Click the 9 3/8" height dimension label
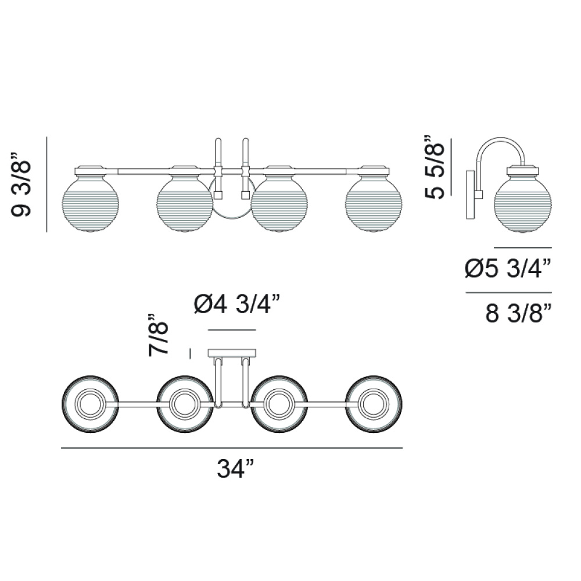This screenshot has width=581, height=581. coord(21,184)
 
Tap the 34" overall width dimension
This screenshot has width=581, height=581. coord(235,469)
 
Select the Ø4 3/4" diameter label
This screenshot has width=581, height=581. coord(236,304)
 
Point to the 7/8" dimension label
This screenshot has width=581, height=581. coord(158,335)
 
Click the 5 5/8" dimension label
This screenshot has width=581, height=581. coord(434,167)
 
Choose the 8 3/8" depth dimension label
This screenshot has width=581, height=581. coord(518,314)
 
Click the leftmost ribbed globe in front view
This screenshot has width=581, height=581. coord(91,203)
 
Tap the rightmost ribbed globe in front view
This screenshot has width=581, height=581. coord(374,203)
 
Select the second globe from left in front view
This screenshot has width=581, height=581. coord(185,203)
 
